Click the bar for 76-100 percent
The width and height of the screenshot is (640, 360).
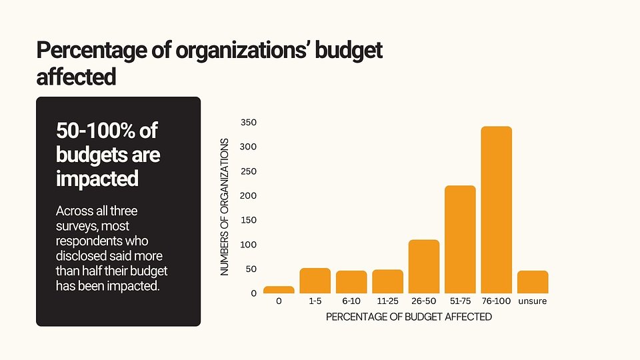click(x=496, y=210)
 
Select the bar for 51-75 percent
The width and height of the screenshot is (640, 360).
click(x=460, y=239)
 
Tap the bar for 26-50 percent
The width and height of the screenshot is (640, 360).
click(x=424, y=267)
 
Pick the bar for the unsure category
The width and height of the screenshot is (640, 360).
click(x=533, y=282)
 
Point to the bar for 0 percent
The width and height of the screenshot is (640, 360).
click(x=279, y=290)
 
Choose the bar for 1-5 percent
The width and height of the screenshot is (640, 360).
click(x=315, y=281)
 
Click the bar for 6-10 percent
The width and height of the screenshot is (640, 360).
click(x=351, y=282)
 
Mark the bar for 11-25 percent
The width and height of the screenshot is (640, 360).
click(x=387, y=281)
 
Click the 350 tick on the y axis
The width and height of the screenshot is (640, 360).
click(x=249, y=123)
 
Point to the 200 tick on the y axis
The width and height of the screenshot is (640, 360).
click(x=249, y=196)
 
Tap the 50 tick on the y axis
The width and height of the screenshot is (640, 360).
click(x=251, y=269)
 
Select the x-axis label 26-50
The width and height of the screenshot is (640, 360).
click(x=423, y=301)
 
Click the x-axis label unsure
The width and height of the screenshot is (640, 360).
click(x=533, y=301)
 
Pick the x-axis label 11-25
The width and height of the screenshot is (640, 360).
click(x=387, y=301)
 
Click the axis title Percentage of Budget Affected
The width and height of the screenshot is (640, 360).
click(x=409, y=317)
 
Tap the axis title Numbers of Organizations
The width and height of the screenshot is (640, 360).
click(x=225, y=207)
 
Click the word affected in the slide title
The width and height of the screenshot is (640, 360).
click(x=76, y=77)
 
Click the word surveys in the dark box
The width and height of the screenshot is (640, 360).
click(x=76, y=226)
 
